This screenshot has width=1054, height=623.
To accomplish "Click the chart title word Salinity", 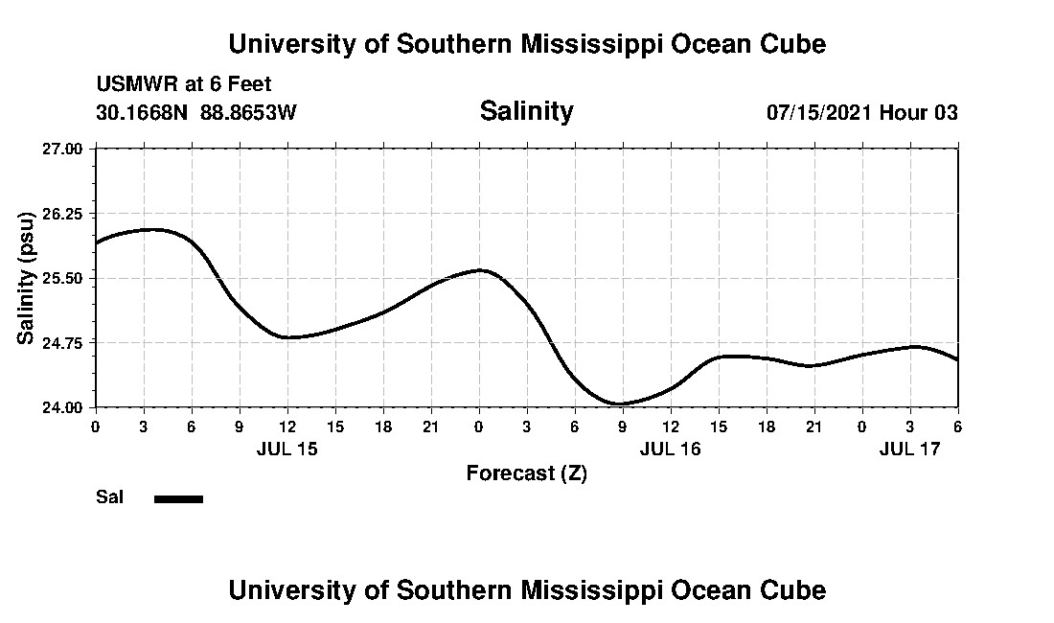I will coord(526,111).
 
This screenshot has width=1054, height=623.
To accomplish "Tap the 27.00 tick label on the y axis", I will coord(63,149).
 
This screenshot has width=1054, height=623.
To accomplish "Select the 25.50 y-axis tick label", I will coord(63,278).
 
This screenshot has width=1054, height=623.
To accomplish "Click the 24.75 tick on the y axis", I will coord(63,342).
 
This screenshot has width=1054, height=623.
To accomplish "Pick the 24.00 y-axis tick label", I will coord(63,407).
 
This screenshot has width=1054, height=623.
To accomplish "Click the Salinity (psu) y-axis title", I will coord(27,277).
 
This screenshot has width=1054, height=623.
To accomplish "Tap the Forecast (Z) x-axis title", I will coord(526,473).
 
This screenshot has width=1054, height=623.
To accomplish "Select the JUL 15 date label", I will coord(287,449).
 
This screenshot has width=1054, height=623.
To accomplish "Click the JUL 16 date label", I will coord(671,449).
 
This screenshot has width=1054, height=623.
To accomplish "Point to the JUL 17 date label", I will coord(910,449).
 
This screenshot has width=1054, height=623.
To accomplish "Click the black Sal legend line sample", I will coord(178,498).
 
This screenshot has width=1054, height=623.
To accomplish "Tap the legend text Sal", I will coord(109,497).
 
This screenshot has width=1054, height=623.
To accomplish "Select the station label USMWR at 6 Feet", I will coord(184,85).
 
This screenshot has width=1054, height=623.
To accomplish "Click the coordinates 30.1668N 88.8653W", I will coord(196,112).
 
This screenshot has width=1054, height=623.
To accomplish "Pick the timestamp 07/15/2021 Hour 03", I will coord(861,112).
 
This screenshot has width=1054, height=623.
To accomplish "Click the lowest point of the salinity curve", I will coord(621,404).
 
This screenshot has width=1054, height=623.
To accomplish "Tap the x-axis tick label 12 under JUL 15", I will coord(286,426).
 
